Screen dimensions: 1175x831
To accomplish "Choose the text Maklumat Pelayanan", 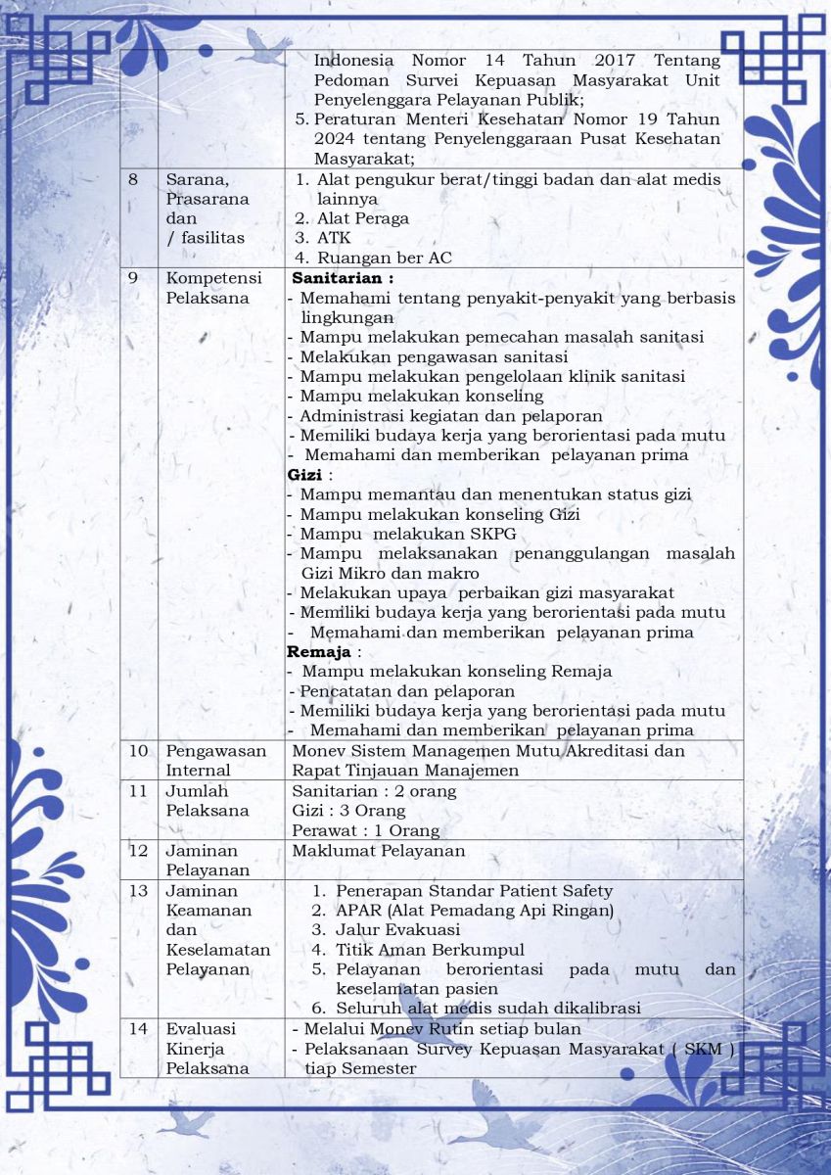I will click(x=380, y=850).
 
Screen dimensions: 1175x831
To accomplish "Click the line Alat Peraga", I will click(x=362, y=218).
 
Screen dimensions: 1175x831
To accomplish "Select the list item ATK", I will click(x=333, y=238).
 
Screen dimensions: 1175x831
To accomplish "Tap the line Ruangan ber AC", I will click(x=384, y=258).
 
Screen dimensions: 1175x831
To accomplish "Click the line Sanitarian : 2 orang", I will click(x=374, y=790).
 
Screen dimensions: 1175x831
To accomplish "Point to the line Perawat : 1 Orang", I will click(x=365, y=830).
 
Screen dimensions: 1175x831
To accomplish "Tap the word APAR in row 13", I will click(x=356, y=910).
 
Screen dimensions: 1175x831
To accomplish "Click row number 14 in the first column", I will click(x=139, y=1029).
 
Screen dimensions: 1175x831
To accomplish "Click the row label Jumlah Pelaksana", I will click(x=207, y=800).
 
